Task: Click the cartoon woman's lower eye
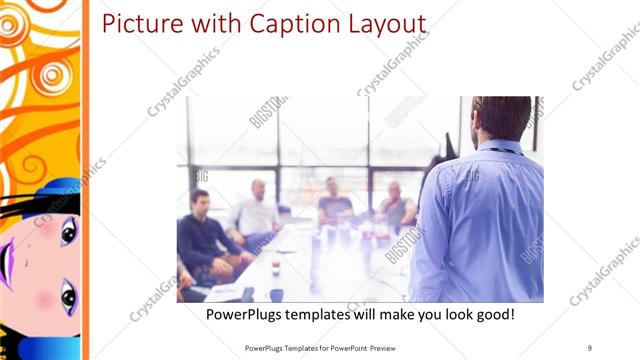(68, 296)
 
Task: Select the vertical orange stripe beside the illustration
(86, 180)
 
